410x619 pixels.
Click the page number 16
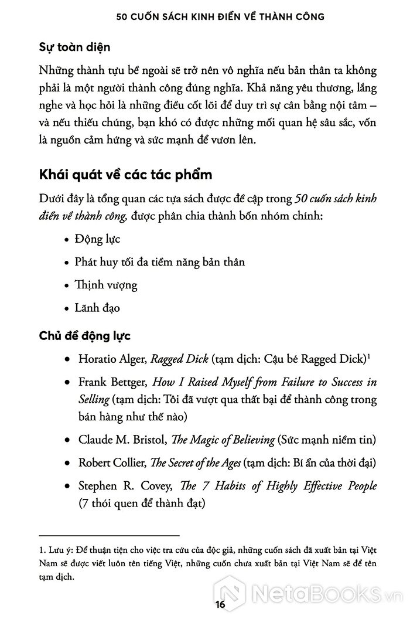(204, 605)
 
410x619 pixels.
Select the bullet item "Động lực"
(97, 240)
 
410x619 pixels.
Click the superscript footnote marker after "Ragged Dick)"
(369, 355)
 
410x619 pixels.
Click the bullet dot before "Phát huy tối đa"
(65, 263)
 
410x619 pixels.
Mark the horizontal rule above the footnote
(108, 535)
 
